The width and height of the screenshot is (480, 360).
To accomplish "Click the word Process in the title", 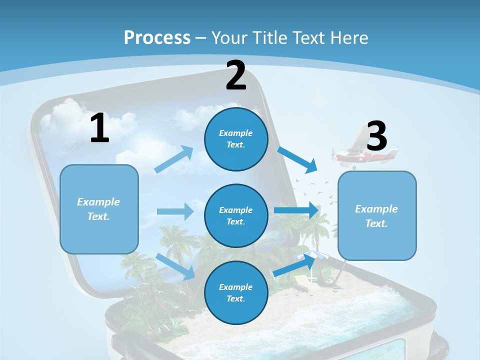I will (x=157, y=37).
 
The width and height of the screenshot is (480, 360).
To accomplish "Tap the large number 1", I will (x=99, y=128).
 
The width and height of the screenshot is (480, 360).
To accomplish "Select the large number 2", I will (x=236, y=75).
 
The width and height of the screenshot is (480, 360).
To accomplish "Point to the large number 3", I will (x=377, y=136).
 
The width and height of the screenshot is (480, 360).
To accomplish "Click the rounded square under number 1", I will (x=99, y=209).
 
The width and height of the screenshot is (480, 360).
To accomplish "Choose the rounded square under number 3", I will (x=377, y=215).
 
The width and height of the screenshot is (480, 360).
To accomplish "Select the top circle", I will (x=236, y=139).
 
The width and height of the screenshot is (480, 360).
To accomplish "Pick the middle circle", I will (x=236, y=215).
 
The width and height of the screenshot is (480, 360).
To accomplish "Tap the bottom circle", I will (x=236, y=292).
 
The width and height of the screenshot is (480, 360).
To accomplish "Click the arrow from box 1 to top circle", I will (x=174, y=159).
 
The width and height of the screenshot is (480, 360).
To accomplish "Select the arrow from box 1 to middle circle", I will (x=175, y=211).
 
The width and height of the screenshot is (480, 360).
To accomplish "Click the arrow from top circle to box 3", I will (x=298, y=159).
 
